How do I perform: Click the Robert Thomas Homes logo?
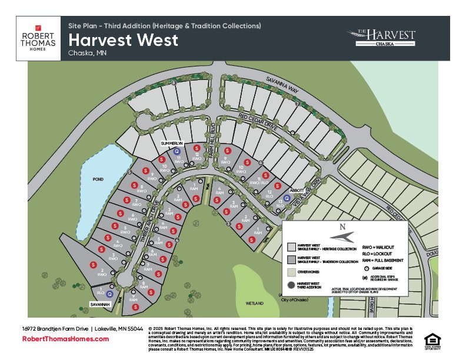pyautogui.click(x=38, y=38)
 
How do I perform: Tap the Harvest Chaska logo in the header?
pyautogui.click(x=381, y=38)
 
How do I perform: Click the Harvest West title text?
pyautogui.click(x=123, y=41)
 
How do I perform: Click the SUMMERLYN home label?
pyautogui.click(x=173, y=143)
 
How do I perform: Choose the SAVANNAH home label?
pyautogui.click(x=100, y=304)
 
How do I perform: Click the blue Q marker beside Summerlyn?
pyautogui.click(x=177, y=151)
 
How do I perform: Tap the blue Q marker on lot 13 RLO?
pyautogui.click(x=287, y=199)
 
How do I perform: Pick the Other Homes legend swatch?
pyautogui.click(x=291, y=272)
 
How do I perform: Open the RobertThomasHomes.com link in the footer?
pyautogui.click(x=65, y=339)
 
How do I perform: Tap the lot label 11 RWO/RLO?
pyautogui.click(x=255, y=181)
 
